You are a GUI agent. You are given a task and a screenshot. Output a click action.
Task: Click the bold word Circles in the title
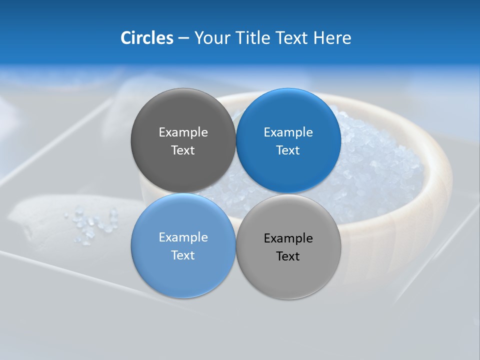(x=146, y=38)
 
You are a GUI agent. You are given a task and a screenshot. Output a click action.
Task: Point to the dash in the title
(x=183, y=38)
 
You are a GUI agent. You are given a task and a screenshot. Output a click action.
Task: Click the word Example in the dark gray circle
(x=183, y=132)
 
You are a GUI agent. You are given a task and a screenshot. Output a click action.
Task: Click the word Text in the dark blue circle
(x=288, y=150)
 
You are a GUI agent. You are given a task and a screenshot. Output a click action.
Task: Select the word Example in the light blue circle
(x=183, y=237)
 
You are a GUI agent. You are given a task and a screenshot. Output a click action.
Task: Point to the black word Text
(x=288, y=256)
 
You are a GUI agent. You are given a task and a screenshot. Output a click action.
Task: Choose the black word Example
(x=288, y=238)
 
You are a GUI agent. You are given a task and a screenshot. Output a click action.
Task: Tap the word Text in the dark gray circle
(x=183, y=150)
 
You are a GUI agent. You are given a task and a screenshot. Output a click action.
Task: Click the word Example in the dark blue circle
(x=288, y=132)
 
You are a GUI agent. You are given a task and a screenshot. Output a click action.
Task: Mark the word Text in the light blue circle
(x=183, y=255)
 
